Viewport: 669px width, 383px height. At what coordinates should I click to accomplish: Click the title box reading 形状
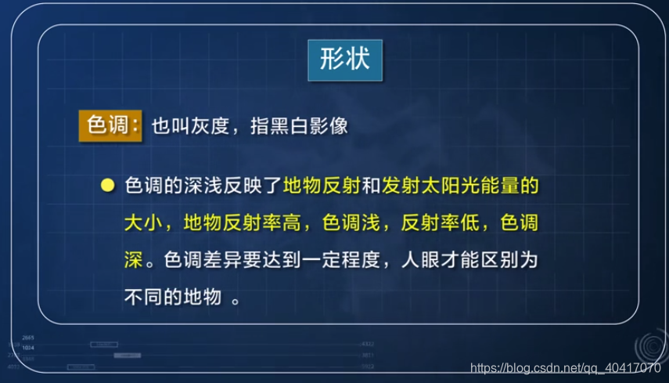tap(345, 60)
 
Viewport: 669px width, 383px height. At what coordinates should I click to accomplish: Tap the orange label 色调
tap(109, 125)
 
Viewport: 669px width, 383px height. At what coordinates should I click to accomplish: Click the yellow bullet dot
tap(108, 188)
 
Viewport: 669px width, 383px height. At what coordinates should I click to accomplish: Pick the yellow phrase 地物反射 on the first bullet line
tap(322, 188)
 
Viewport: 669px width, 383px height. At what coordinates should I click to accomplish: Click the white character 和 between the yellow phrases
tap(370, 188)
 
